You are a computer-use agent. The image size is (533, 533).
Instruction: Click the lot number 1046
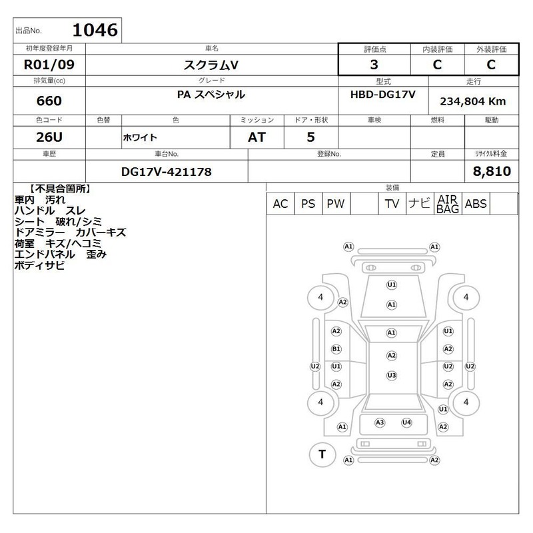point(95,30)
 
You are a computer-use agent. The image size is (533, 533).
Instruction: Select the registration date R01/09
point(49,65)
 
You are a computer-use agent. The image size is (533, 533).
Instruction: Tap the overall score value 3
point(374,65)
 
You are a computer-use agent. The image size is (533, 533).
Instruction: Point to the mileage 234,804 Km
point(473,101)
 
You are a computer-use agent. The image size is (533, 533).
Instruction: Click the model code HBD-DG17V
point(382,94)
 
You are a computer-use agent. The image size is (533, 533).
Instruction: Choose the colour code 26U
point(49,137)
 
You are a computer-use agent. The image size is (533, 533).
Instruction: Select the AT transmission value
point(257,137)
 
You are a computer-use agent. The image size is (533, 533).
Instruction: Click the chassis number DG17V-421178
point(166,172)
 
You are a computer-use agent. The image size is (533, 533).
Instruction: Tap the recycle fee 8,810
point(492,171)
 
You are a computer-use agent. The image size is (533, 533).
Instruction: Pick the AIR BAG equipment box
point(448,204)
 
